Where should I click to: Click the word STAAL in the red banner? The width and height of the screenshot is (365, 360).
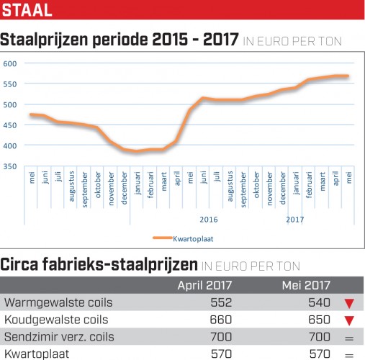pyautogui.click(x=27, y=10)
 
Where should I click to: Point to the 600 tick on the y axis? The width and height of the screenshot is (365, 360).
pyautogui.click(x=10, y=63)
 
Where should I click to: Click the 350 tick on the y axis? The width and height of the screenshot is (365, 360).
pyautogui.click(x=10, y=166)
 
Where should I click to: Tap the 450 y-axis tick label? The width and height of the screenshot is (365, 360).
pyautogui.click(x=10, y=125)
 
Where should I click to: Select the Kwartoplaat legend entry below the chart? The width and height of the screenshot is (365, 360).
pyautogui.click(x=183, y=238)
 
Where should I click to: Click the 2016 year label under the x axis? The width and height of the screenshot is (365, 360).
pyautogui.click(x=209, y=220)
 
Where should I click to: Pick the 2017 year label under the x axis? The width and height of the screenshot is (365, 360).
pyautogui.click(x=295, y=220)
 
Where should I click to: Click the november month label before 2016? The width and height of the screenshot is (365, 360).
pyautogui.click(x=111, y=189)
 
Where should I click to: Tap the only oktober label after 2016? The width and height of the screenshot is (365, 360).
pyautogui.click(x=256, y=184)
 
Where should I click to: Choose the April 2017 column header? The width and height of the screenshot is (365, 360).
pyautogui.click(x=204, y=285)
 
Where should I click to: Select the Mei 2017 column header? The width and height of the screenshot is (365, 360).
pyautogui.click(x=306, y=285)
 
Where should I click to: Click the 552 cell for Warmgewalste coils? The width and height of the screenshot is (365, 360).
pyautogui.click(x=221, y=302)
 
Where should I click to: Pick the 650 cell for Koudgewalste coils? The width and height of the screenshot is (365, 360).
pyautogui.click(x=319, y=320)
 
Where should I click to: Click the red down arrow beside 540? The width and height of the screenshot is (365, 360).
pyautogui.click(x=349, y=304)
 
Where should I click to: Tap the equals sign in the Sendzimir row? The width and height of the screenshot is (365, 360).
pyautogui.click(x=349, y=338)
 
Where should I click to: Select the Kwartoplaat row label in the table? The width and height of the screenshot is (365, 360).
pyautogui.click(x=37, y=354)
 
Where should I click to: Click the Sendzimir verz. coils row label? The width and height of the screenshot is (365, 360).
pyautogui.click(x=59, y=337)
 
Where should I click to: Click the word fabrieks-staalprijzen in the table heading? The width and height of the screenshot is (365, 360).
pyautogui.click(x=120, y=265)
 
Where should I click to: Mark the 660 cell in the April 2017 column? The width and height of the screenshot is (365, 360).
pyautogui.click(x=221, y=320)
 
